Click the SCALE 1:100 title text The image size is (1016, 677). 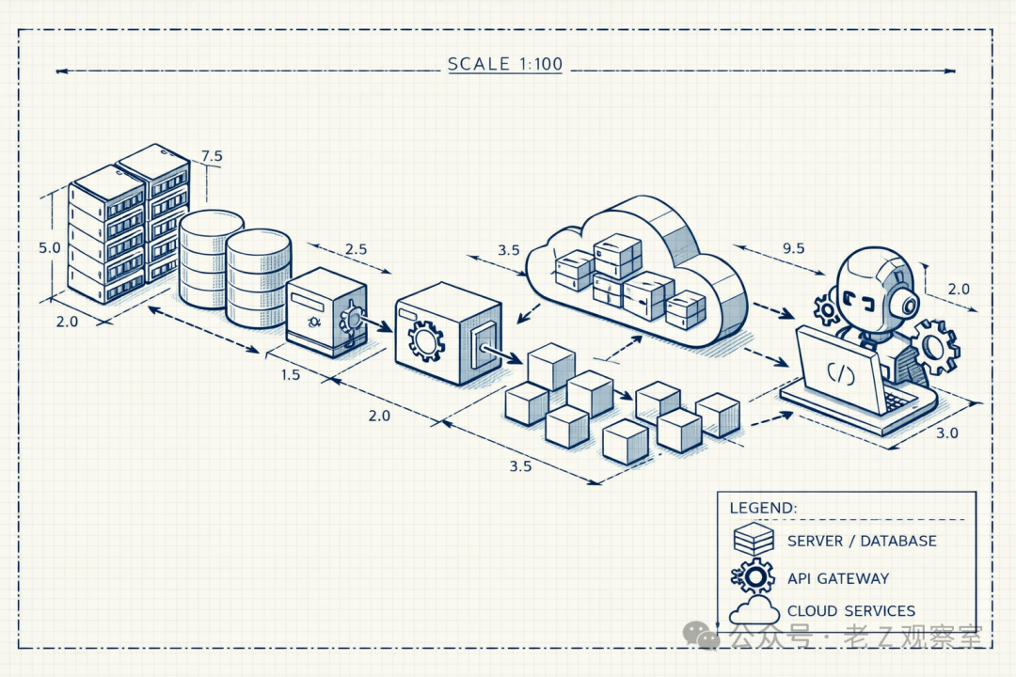(x=504, y=65)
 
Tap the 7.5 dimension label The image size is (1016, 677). (x=212, y=156)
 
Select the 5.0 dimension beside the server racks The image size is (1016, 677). (x=49, y=248)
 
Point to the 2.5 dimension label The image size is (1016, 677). (x=356, y=249)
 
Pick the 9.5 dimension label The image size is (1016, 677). (x=793, y=249)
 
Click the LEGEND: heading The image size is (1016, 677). (x=763, y=508)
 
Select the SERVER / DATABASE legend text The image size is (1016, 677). (x=862, y=541)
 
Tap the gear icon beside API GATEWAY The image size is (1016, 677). (x=754, y=576)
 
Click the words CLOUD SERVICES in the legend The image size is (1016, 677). (x=850, y=611)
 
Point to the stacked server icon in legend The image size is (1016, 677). (x=754, y=539)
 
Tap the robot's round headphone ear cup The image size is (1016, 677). (x=907, y=304)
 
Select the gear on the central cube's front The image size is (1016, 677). (x=426, y=341)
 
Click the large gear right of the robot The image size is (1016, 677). (x=935, y=346)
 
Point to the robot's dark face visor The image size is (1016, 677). (x=865, y=300)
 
